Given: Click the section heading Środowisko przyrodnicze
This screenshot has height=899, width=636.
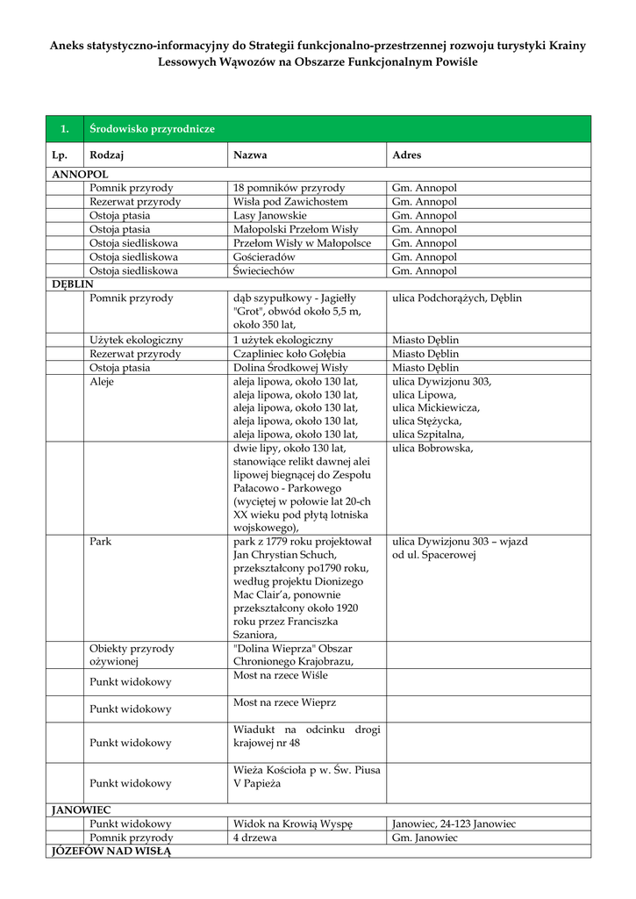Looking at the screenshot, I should pos(152,129).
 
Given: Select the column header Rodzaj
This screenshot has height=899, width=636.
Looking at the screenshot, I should pos(106,155).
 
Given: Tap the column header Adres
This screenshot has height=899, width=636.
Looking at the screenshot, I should pos(406,155).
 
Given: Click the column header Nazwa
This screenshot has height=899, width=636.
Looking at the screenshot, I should pos(250,155).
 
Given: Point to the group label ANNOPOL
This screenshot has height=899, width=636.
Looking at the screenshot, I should pos(80,175).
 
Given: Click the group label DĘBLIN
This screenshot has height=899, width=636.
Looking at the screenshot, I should pos(72,284).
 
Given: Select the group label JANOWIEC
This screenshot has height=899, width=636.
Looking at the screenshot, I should pos(81,809).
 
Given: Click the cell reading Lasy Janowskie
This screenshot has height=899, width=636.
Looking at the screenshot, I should pos(270,215).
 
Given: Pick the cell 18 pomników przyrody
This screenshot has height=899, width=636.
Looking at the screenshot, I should pos(289,188).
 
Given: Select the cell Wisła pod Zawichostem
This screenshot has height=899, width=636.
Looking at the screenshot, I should pos(290,202).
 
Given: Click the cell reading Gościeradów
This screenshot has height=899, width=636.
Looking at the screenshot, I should pos(264,257).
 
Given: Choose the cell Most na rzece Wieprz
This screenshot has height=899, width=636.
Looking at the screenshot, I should pos(284,703).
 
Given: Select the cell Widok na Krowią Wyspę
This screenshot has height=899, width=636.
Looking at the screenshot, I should pos(292,823).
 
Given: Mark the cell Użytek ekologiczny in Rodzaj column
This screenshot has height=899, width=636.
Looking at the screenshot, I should pos(136,340).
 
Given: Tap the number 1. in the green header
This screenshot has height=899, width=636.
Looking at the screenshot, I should pos(64,129).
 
